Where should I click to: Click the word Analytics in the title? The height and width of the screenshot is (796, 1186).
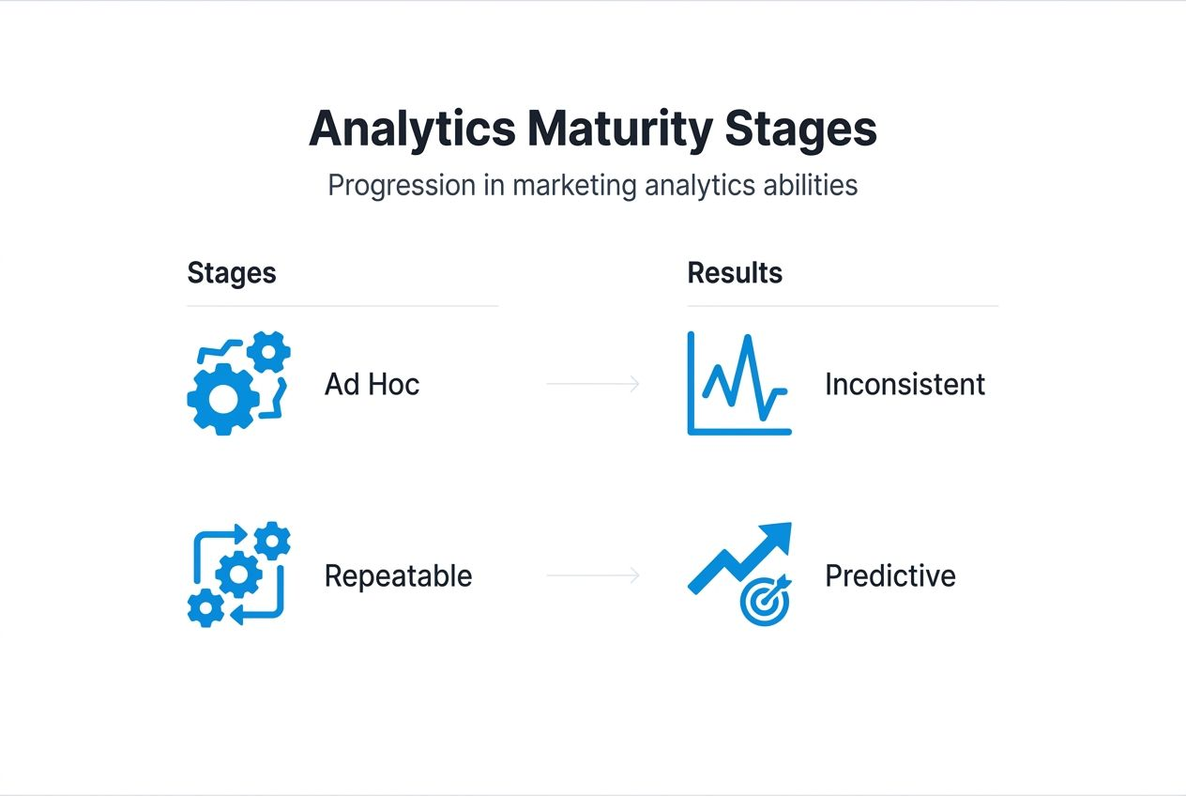412,130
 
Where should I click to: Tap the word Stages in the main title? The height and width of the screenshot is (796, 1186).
800,130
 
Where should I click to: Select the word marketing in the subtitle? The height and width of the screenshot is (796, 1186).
574,185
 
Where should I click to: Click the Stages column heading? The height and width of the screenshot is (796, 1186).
232,273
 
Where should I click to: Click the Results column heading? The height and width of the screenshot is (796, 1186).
735,273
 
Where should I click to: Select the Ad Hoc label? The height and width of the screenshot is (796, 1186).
372,384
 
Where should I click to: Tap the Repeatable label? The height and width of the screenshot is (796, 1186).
398,575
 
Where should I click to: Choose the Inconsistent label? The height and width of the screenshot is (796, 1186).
905,384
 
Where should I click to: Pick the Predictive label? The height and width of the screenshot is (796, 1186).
889,575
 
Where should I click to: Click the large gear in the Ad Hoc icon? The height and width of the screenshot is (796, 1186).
223,399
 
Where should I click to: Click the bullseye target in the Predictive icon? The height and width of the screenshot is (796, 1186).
764,603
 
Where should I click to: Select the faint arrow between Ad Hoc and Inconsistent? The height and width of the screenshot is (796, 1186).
593,384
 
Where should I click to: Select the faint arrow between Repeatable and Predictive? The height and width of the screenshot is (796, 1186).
593,575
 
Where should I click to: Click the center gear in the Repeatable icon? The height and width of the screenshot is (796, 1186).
238,573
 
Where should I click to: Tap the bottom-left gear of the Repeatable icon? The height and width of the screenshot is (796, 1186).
205,608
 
